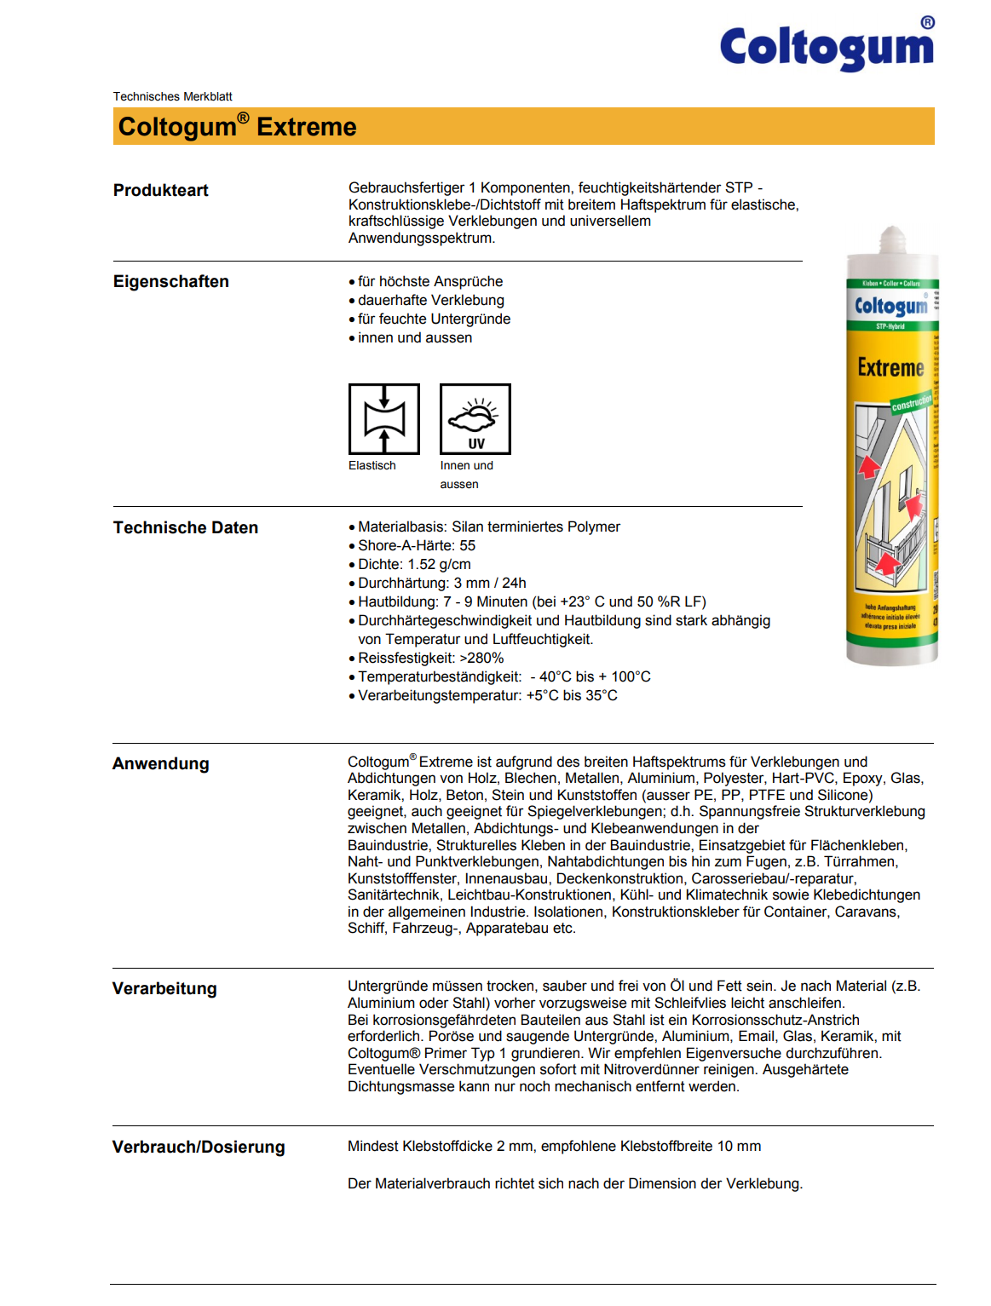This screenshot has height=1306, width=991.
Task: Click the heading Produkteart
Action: tap(161, 190)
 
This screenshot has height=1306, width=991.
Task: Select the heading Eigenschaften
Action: tap(171, 281)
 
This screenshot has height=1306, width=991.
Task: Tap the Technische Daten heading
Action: tap(186, 527)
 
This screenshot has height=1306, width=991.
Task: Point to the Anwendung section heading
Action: tap(161, 763)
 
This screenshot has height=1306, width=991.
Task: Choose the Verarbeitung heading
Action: tap(164, 988)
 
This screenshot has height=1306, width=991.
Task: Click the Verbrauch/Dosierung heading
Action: tap(199, 1147)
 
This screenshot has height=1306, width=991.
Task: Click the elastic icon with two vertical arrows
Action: tap(384, 418)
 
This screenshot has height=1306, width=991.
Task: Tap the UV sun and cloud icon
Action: tap(475, 418)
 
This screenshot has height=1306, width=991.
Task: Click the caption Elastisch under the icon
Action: tap(372, 465)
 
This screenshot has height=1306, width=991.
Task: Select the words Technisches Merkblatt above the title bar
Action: tap(173, 96)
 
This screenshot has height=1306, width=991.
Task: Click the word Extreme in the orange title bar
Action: tap(307, 127)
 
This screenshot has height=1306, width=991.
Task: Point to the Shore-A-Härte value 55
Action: tap(468, 545)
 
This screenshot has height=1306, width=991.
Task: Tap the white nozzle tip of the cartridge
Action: tap(892, 239)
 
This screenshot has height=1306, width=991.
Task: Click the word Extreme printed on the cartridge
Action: tap(890, 368)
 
